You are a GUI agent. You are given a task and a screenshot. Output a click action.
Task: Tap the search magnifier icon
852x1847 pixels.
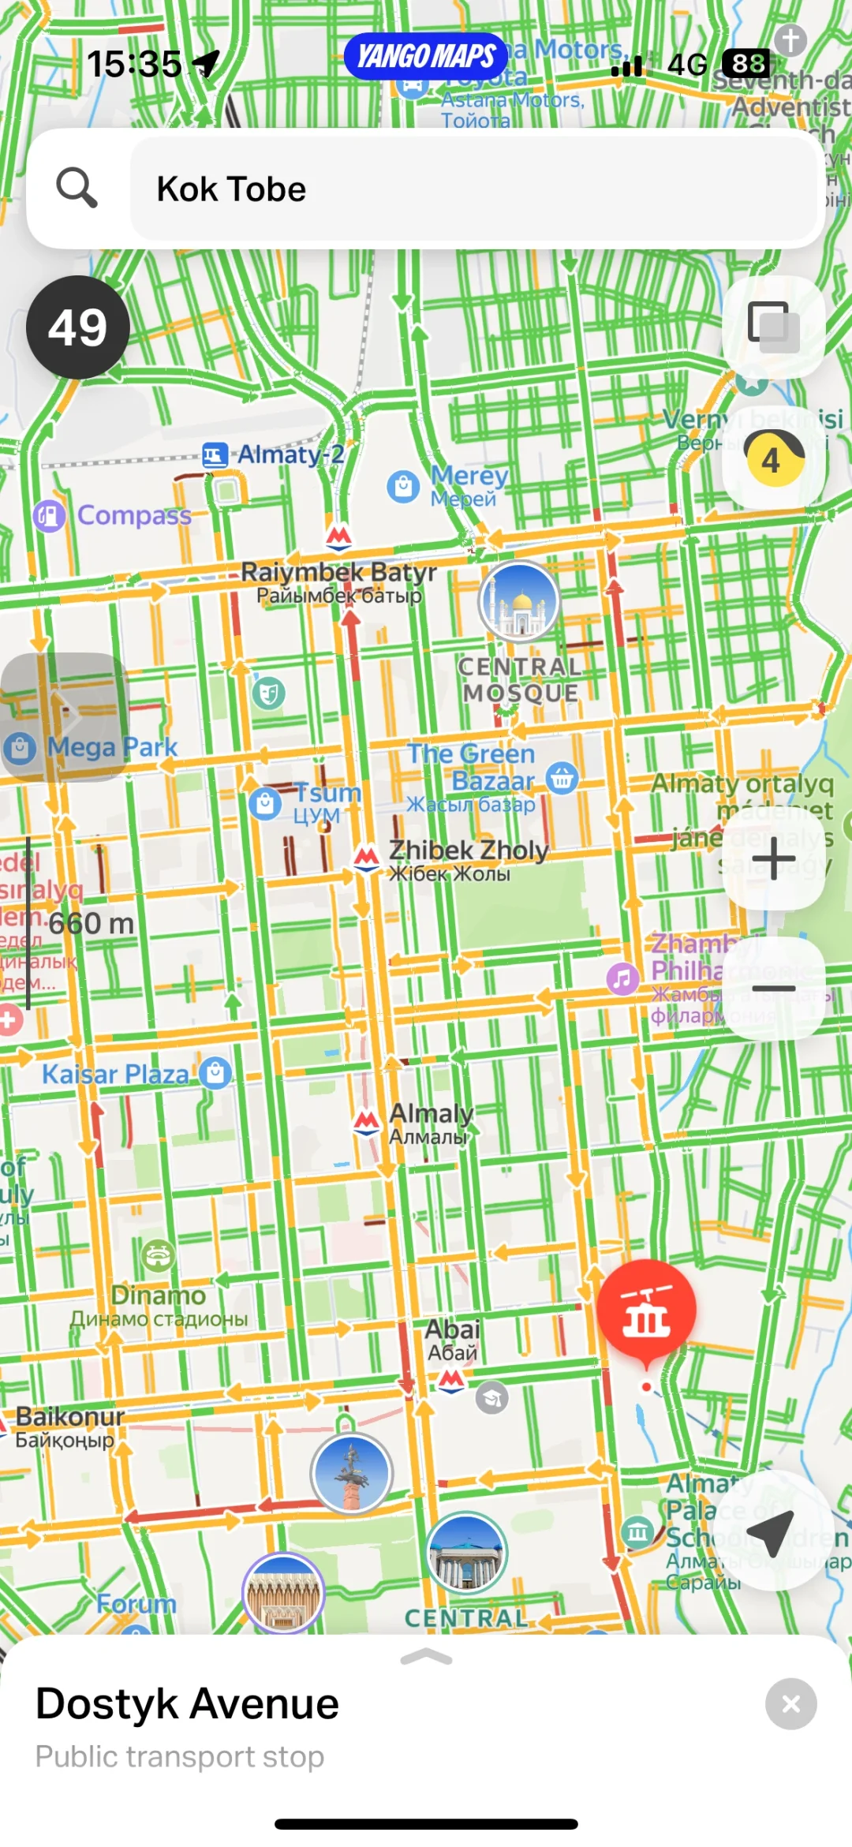point(77,188)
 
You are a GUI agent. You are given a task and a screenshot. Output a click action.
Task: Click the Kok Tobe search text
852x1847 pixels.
point(231,189)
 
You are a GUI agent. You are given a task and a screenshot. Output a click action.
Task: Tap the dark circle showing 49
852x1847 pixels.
point(77,327)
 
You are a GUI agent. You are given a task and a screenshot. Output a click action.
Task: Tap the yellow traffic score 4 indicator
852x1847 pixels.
point(773,459)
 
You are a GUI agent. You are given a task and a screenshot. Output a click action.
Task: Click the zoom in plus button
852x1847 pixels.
point(773,858)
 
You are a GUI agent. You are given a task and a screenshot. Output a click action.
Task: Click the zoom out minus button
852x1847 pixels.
point(773,988)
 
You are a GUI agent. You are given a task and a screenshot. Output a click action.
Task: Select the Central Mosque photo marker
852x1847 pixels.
point(519,601)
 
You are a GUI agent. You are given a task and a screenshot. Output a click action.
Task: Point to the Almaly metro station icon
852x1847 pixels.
point(366,1120)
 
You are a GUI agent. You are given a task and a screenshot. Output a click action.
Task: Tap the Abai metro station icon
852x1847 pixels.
point(451,1380)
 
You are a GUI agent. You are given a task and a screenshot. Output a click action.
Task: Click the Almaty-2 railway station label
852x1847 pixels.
point(290,454)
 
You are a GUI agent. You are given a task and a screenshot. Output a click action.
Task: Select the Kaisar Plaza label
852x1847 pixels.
point(116,1074)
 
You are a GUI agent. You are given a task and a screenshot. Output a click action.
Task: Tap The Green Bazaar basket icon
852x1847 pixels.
point(562,777)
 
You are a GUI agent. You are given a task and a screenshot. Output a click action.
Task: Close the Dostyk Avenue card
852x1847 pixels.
point(790,1703)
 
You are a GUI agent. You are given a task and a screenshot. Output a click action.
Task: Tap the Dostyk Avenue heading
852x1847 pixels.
point(188,1703)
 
